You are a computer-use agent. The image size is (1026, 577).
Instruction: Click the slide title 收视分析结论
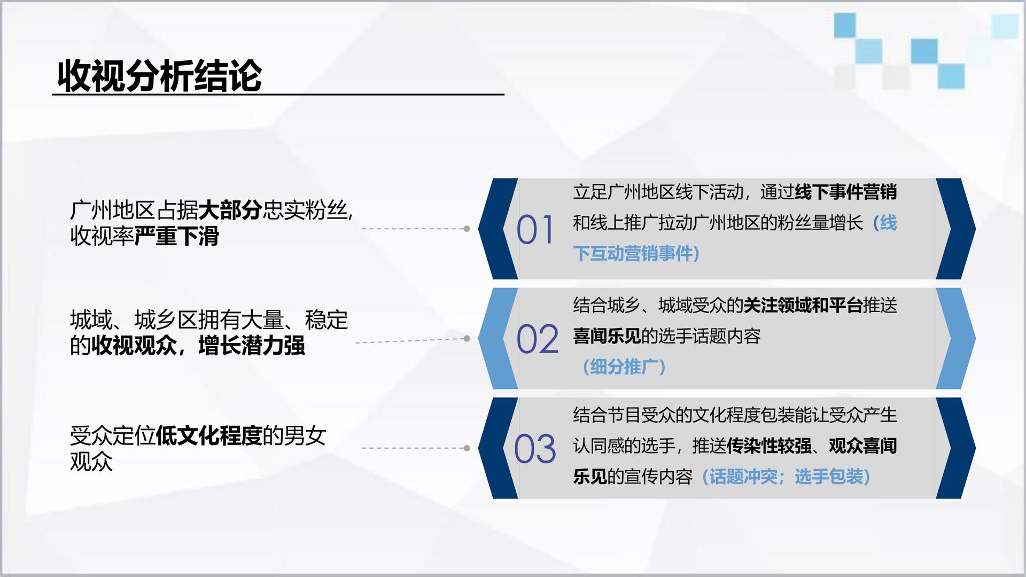pos(159,75)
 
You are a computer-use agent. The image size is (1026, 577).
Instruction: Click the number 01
pos(535,230)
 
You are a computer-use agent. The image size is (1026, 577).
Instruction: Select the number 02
pos(537,339)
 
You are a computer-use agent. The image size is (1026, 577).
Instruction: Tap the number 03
pos(535,449)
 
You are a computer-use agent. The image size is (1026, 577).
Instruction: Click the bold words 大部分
pos(230,210)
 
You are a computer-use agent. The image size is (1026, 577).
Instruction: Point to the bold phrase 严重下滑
pos(176,236)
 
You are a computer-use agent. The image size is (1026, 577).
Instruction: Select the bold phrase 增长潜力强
pos(251,346)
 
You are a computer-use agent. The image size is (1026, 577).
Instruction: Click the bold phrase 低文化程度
pos(208,436)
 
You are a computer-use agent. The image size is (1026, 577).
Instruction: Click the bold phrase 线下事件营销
pos(846,192)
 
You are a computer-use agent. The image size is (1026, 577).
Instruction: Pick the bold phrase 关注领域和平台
pos(803,305)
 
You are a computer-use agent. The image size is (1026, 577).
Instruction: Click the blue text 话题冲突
pos(743,477)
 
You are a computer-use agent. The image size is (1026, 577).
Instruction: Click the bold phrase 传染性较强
pos(769,446)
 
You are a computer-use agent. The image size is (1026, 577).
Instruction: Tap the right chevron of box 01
pos(956,229)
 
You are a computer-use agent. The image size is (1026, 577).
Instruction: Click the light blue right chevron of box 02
pos(956,338)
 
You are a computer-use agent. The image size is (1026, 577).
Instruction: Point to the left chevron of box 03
pos(498,448)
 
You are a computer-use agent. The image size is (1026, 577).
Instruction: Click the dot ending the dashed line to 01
pos(467,229)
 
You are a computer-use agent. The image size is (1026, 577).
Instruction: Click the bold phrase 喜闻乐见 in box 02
pos(607,336)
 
